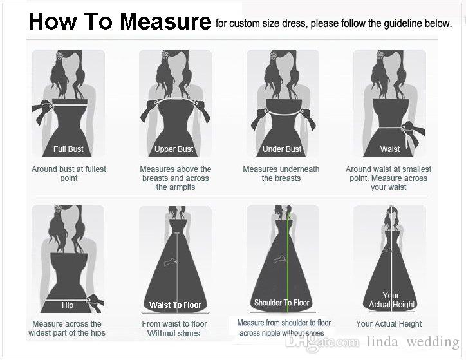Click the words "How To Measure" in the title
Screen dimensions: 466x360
[120, 22]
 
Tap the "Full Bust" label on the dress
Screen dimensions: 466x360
[68, 149]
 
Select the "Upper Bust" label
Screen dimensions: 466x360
[174, 149]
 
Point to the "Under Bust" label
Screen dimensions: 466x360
[282, 149]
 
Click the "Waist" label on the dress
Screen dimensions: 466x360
[390, 149]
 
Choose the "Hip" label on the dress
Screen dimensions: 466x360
[68, 305]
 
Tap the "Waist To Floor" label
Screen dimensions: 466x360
[175, 305]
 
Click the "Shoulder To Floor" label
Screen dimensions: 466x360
[282, 303]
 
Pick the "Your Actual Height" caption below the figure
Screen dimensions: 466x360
[389, 324]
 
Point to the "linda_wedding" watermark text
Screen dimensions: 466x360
[413, 342]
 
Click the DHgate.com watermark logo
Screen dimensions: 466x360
[322, 342]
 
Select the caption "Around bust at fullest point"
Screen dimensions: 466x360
[69, 174]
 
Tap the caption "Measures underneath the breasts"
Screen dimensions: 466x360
[281, 174]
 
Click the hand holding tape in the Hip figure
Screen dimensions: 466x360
[95, 303]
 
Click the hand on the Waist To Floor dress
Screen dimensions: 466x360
[171, 262]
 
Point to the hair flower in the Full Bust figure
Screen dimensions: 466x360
[60, 55]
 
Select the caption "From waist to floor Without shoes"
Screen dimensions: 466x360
[174, 328]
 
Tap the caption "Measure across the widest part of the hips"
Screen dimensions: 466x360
[67, 328]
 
